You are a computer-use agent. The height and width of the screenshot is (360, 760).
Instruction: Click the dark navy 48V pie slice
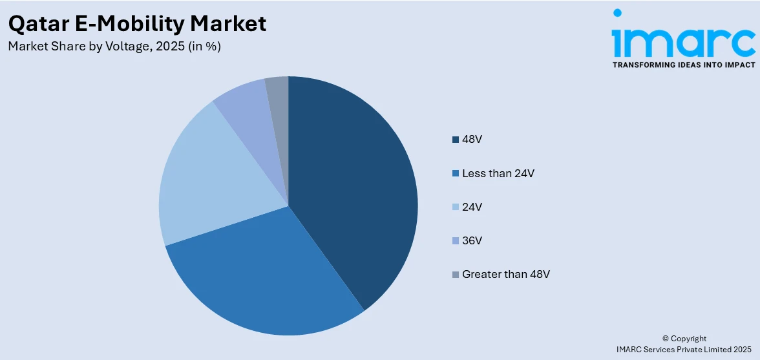(x=352, y=187)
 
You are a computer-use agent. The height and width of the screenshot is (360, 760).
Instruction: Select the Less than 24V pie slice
(x=259, y=278)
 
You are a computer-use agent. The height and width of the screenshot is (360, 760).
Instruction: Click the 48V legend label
(x=472, y=140)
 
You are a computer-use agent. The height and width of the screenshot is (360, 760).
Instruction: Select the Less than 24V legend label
(x=498, y=173)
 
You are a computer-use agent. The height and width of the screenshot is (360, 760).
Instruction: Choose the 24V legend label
(x=472, y=207)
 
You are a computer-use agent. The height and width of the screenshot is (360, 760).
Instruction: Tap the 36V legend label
(x=472, y=240)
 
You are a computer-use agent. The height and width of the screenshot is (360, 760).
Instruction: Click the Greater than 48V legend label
(x=506, y=274)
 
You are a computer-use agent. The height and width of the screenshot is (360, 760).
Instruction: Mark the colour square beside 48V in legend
(x=456, y=140)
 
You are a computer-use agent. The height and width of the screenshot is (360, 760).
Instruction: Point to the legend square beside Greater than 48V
(x=456, y=274)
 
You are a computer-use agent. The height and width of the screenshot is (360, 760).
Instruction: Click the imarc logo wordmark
(x=683, y=40)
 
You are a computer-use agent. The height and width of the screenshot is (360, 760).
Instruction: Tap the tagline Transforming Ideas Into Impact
(x=683, y=65)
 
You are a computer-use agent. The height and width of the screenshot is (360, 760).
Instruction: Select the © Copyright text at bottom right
(x=684, y=338)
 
